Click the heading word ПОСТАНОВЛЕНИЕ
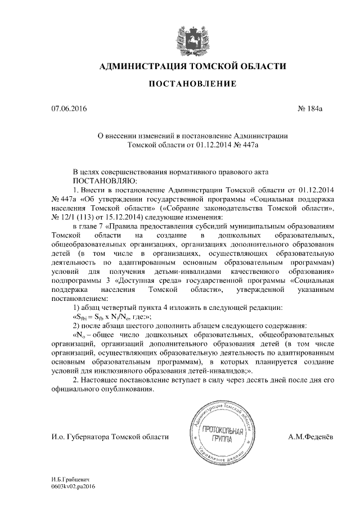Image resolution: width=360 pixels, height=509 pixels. point(191,84)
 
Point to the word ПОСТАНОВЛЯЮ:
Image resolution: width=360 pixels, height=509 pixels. point(101,181)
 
